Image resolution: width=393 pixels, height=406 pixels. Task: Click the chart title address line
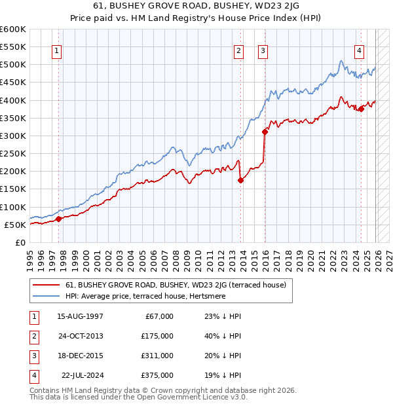click(196, 8)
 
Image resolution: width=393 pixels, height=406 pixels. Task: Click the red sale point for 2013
click(240, 180)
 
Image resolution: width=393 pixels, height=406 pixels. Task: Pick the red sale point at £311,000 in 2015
click(265, 132)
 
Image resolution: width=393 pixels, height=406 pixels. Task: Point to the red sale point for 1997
click(58, 219)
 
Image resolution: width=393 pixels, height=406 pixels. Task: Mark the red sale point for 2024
click(361, 109)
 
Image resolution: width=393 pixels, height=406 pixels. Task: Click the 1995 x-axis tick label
click(31, 256)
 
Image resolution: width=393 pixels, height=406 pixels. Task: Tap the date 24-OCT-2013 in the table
click(80, 335)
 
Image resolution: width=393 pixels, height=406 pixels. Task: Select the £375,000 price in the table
click(157, 375)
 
